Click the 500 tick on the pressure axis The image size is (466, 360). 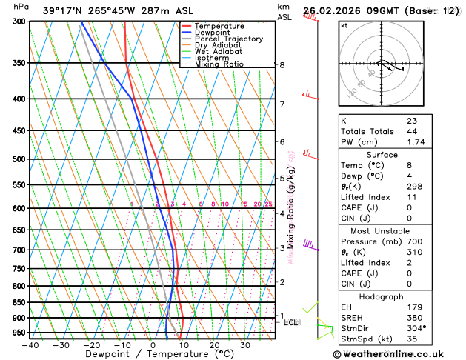(x=19, y=159)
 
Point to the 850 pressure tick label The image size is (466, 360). (x=19, y=302)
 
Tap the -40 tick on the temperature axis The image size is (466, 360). (x=30, y=344)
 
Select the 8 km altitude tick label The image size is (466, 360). (x=282, y=65)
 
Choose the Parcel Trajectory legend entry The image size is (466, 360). (x=228, y=39)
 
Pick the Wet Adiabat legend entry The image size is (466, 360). (x=218, y=52)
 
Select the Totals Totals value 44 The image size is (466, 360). (x=412, y=131)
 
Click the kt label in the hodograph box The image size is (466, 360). (x=344, y=26)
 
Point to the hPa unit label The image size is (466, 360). (x=21, y=7)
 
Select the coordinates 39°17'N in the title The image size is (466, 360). (x=64, y=11)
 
